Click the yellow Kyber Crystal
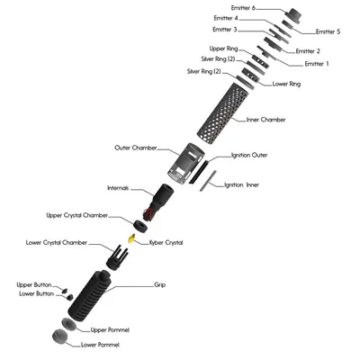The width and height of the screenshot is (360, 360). pos(131,238)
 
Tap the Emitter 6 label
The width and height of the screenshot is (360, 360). pos(243,8)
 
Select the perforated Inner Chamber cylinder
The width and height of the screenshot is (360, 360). pos(222,111)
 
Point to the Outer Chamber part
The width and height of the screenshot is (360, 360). pos(186,163)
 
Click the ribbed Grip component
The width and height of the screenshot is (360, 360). pos(90,295)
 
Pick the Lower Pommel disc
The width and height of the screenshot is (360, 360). pos(60,337)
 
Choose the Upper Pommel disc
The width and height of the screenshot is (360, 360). pos(69,324)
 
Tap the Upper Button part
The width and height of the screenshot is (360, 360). pos(64,290)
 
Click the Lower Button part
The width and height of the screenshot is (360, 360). pos(69,297)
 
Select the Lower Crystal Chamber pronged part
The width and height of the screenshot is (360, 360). pos(117,258)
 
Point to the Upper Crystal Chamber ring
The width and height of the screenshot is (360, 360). pos(140,226)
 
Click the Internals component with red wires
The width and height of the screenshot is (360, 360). pos(158,202)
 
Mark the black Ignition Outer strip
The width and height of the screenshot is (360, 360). pos(198,172)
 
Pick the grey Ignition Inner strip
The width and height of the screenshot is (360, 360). pos(208,181)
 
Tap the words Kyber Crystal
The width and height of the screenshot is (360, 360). pos(166,242)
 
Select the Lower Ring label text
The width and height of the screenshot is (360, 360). pos(286,84)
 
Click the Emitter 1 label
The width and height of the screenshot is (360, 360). pos(317,64)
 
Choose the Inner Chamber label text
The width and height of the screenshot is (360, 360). pos(265,120)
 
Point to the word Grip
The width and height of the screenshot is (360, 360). pos(159,284)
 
